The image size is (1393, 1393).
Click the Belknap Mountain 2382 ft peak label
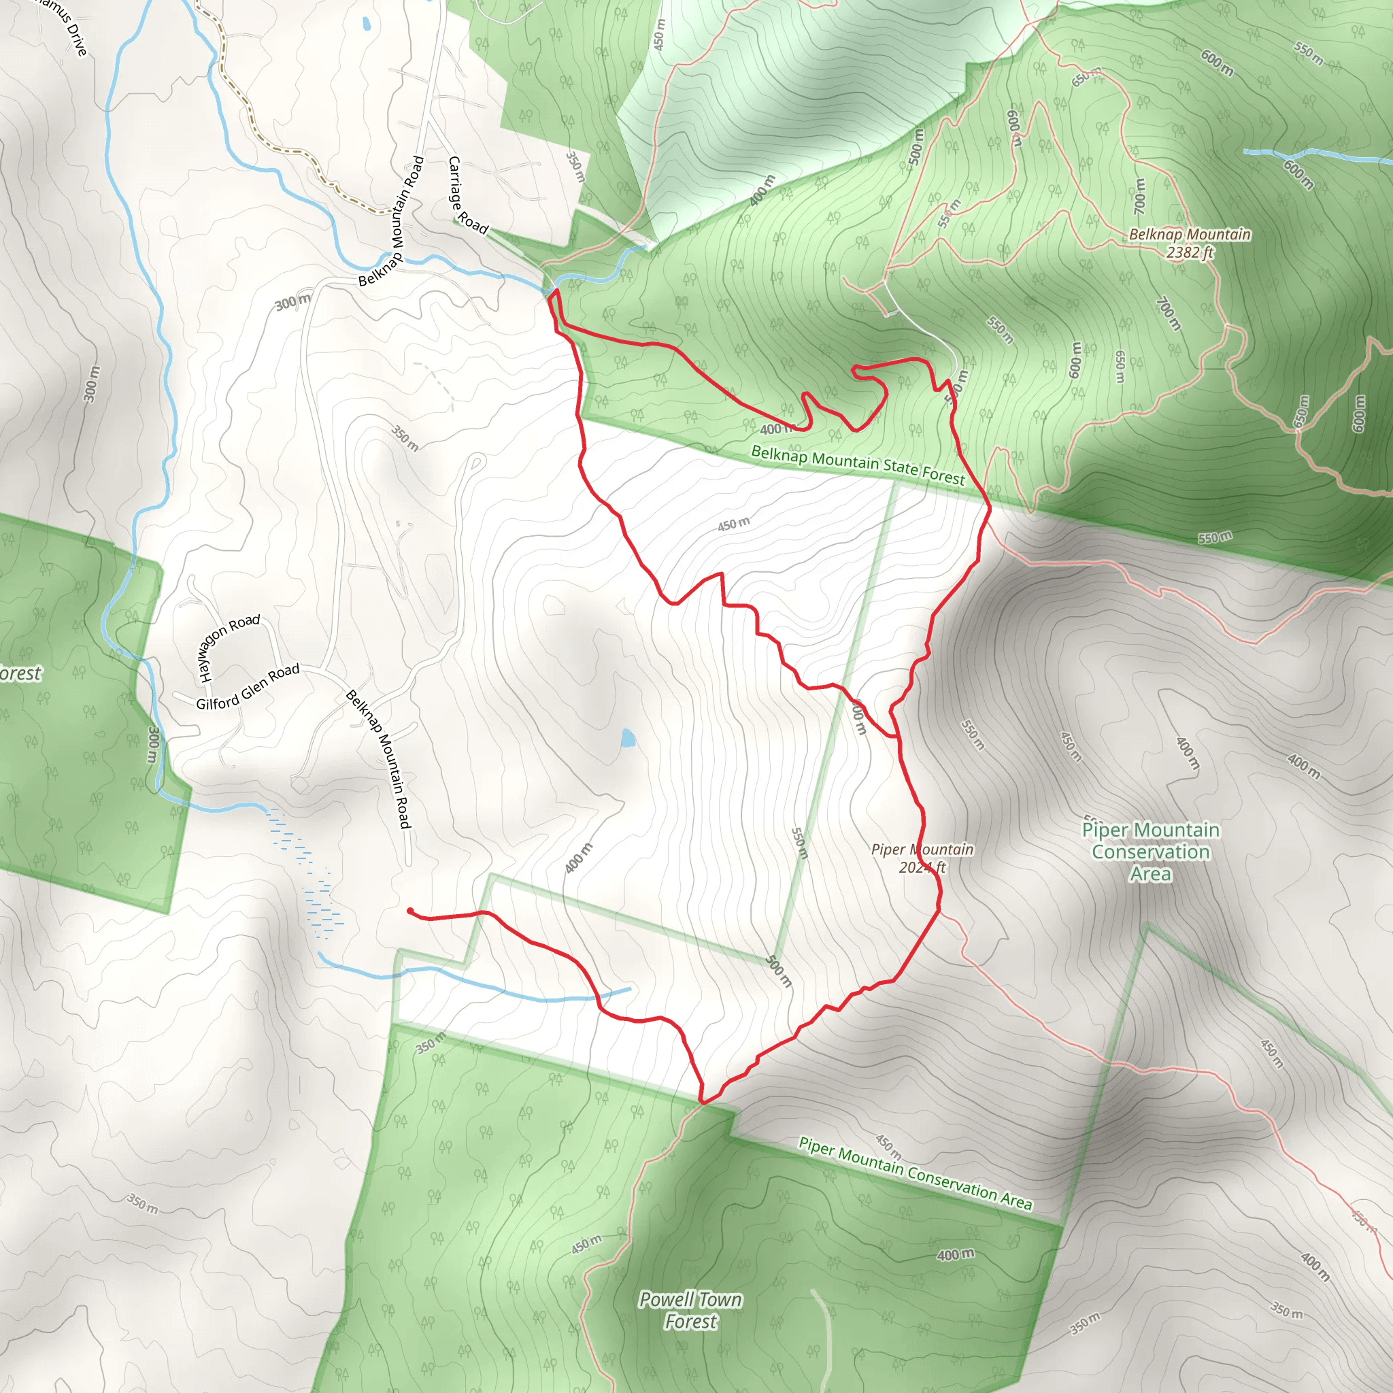coord(1190,243)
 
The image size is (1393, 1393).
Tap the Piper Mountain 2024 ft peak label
coord(922,858)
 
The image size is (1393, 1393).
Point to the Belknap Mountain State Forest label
coord(858,465)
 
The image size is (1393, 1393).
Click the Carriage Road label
coord(467,195)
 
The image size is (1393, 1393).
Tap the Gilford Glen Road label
coord(248,686)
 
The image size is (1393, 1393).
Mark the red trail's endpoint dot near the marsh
coord(410,911)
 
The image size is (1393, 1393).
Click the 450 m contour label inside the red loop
coord(733,524)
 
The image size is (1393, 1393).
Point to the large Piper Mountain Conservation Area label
coord(1151,852)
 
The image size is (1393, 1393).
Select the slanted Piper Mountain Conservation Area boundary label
coord(915,1173)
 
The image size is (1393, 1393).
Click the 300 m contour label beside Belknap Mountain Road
coord(292,303)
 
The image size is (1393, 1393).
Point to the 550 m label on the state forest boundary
coord(1215,537)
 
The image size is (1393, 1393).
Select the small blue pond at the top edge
coord(367,24)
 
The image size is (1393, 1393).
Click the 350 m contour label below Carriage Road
coord(575,167)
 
